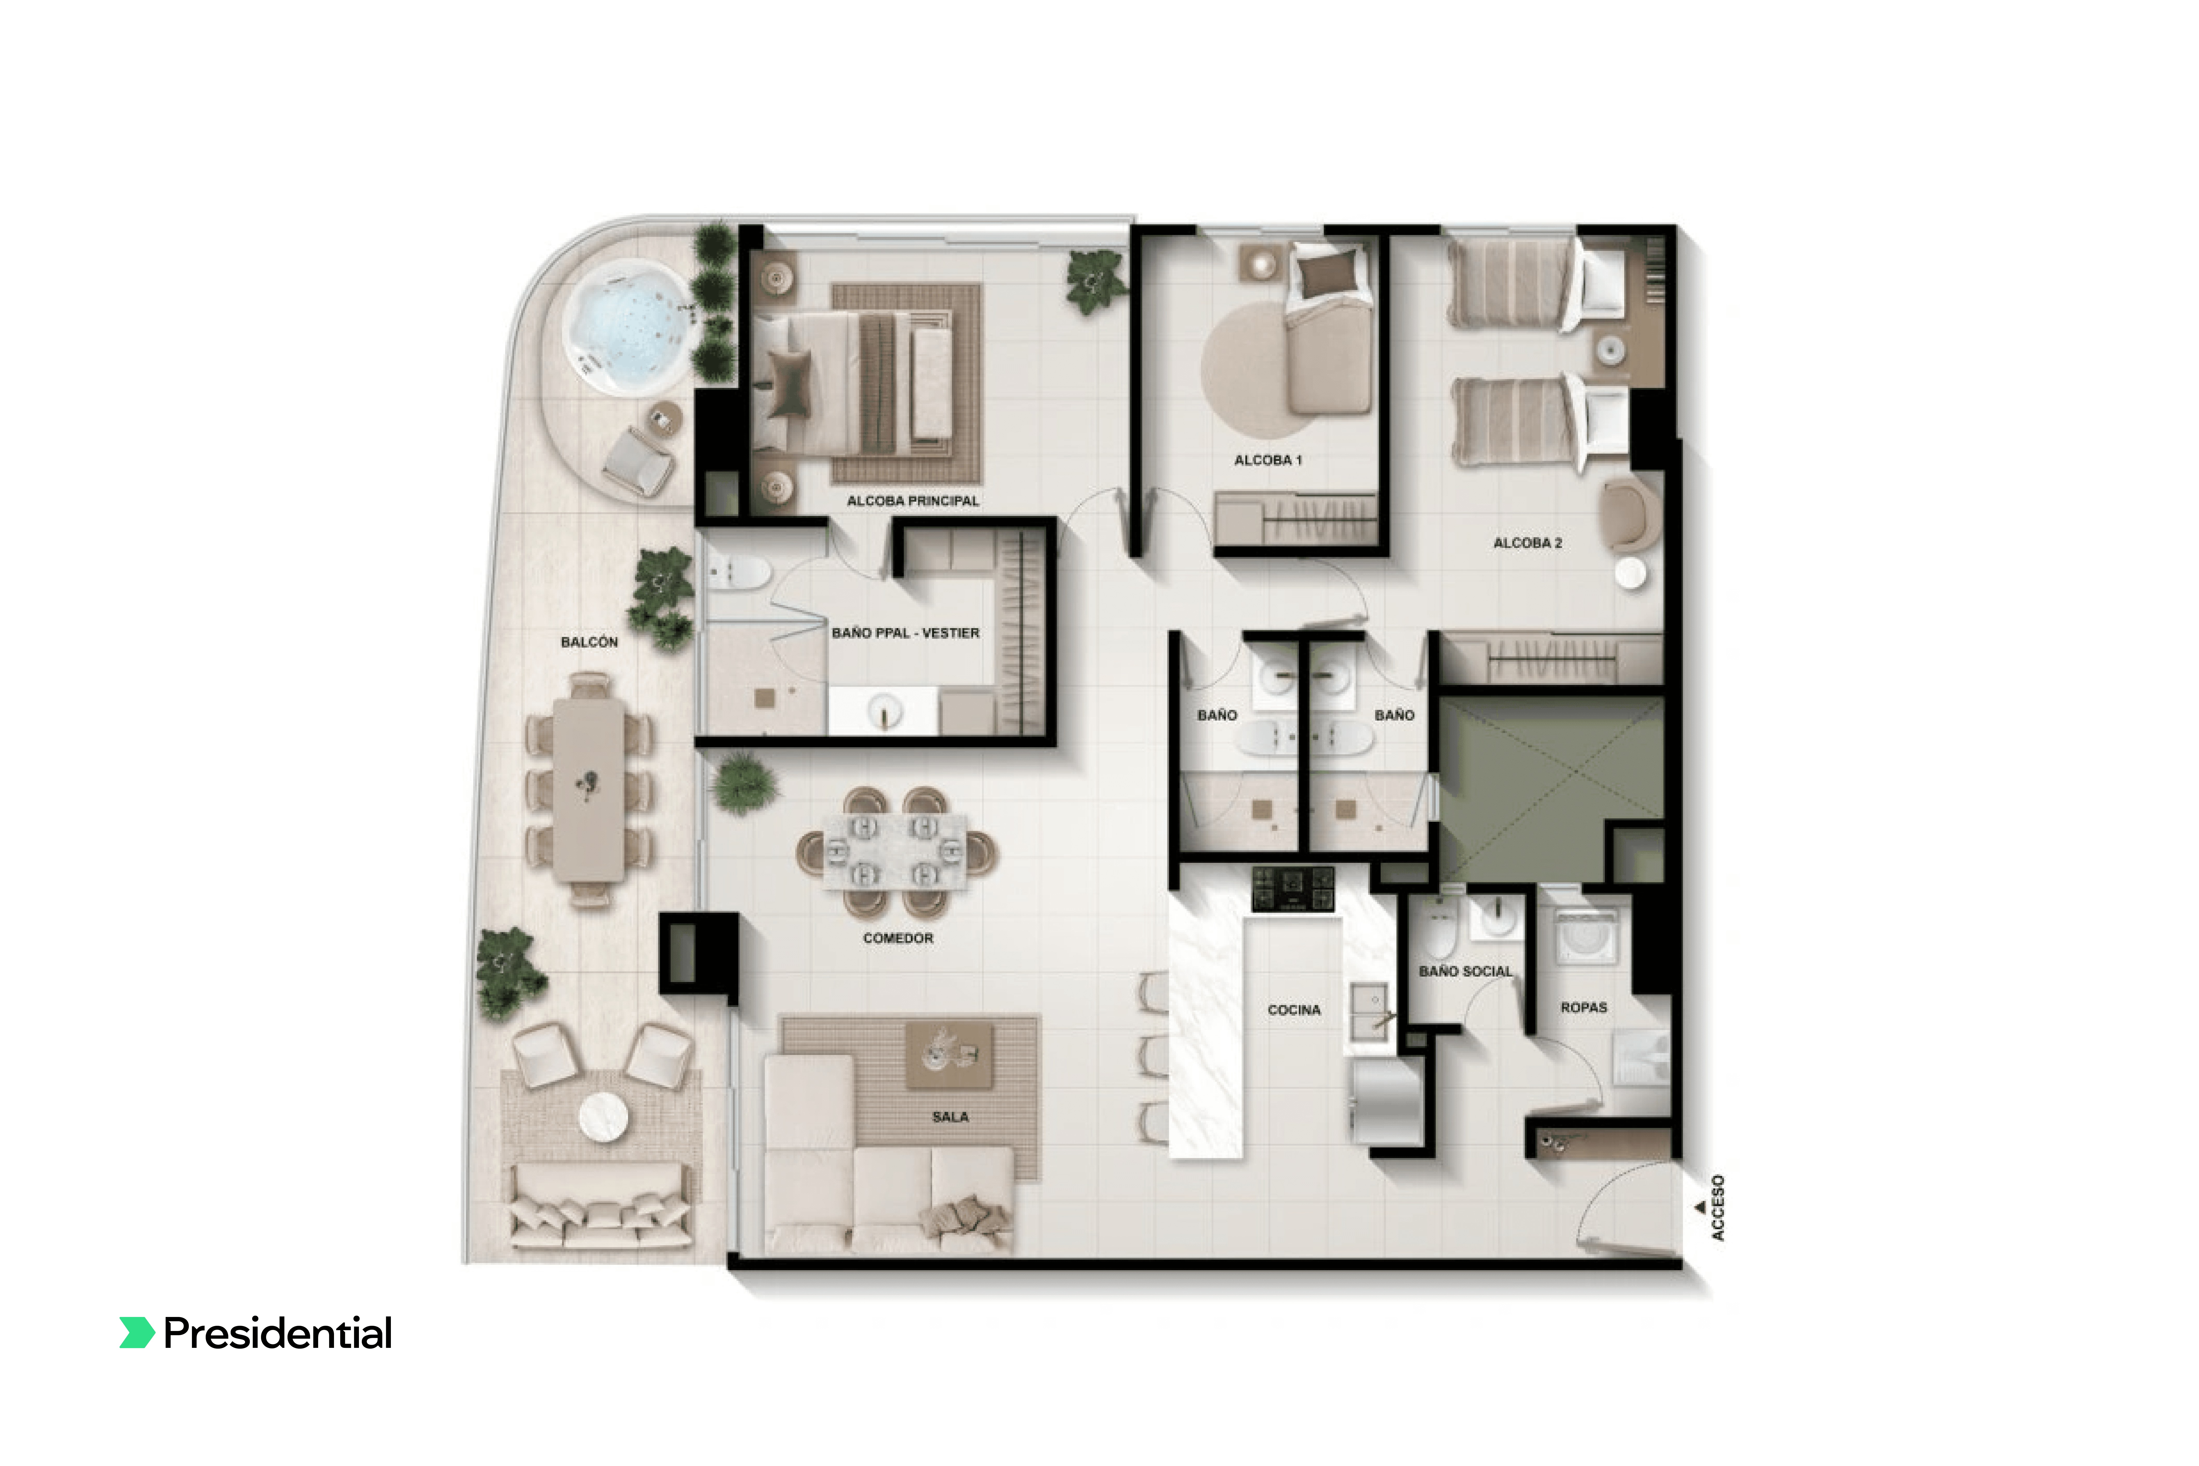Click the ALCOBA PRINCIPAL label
(x=913, y=501)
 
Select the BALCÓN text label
(x=589, y=642)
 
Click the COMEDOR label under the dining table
(x=898, y=938)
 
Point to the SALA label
(x=950, y=1116)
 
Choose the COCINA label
(x=1294, y=1010)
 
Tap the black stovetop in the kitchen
(x=1293, y=888)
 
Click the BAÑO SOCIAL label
(x=1465, y=971)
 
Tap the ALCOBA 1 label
(x=1268, y=460)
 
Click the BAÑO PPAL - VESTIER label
(x=905, y=633)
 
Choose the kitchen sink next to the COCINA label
(x=1371, y=1012)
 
